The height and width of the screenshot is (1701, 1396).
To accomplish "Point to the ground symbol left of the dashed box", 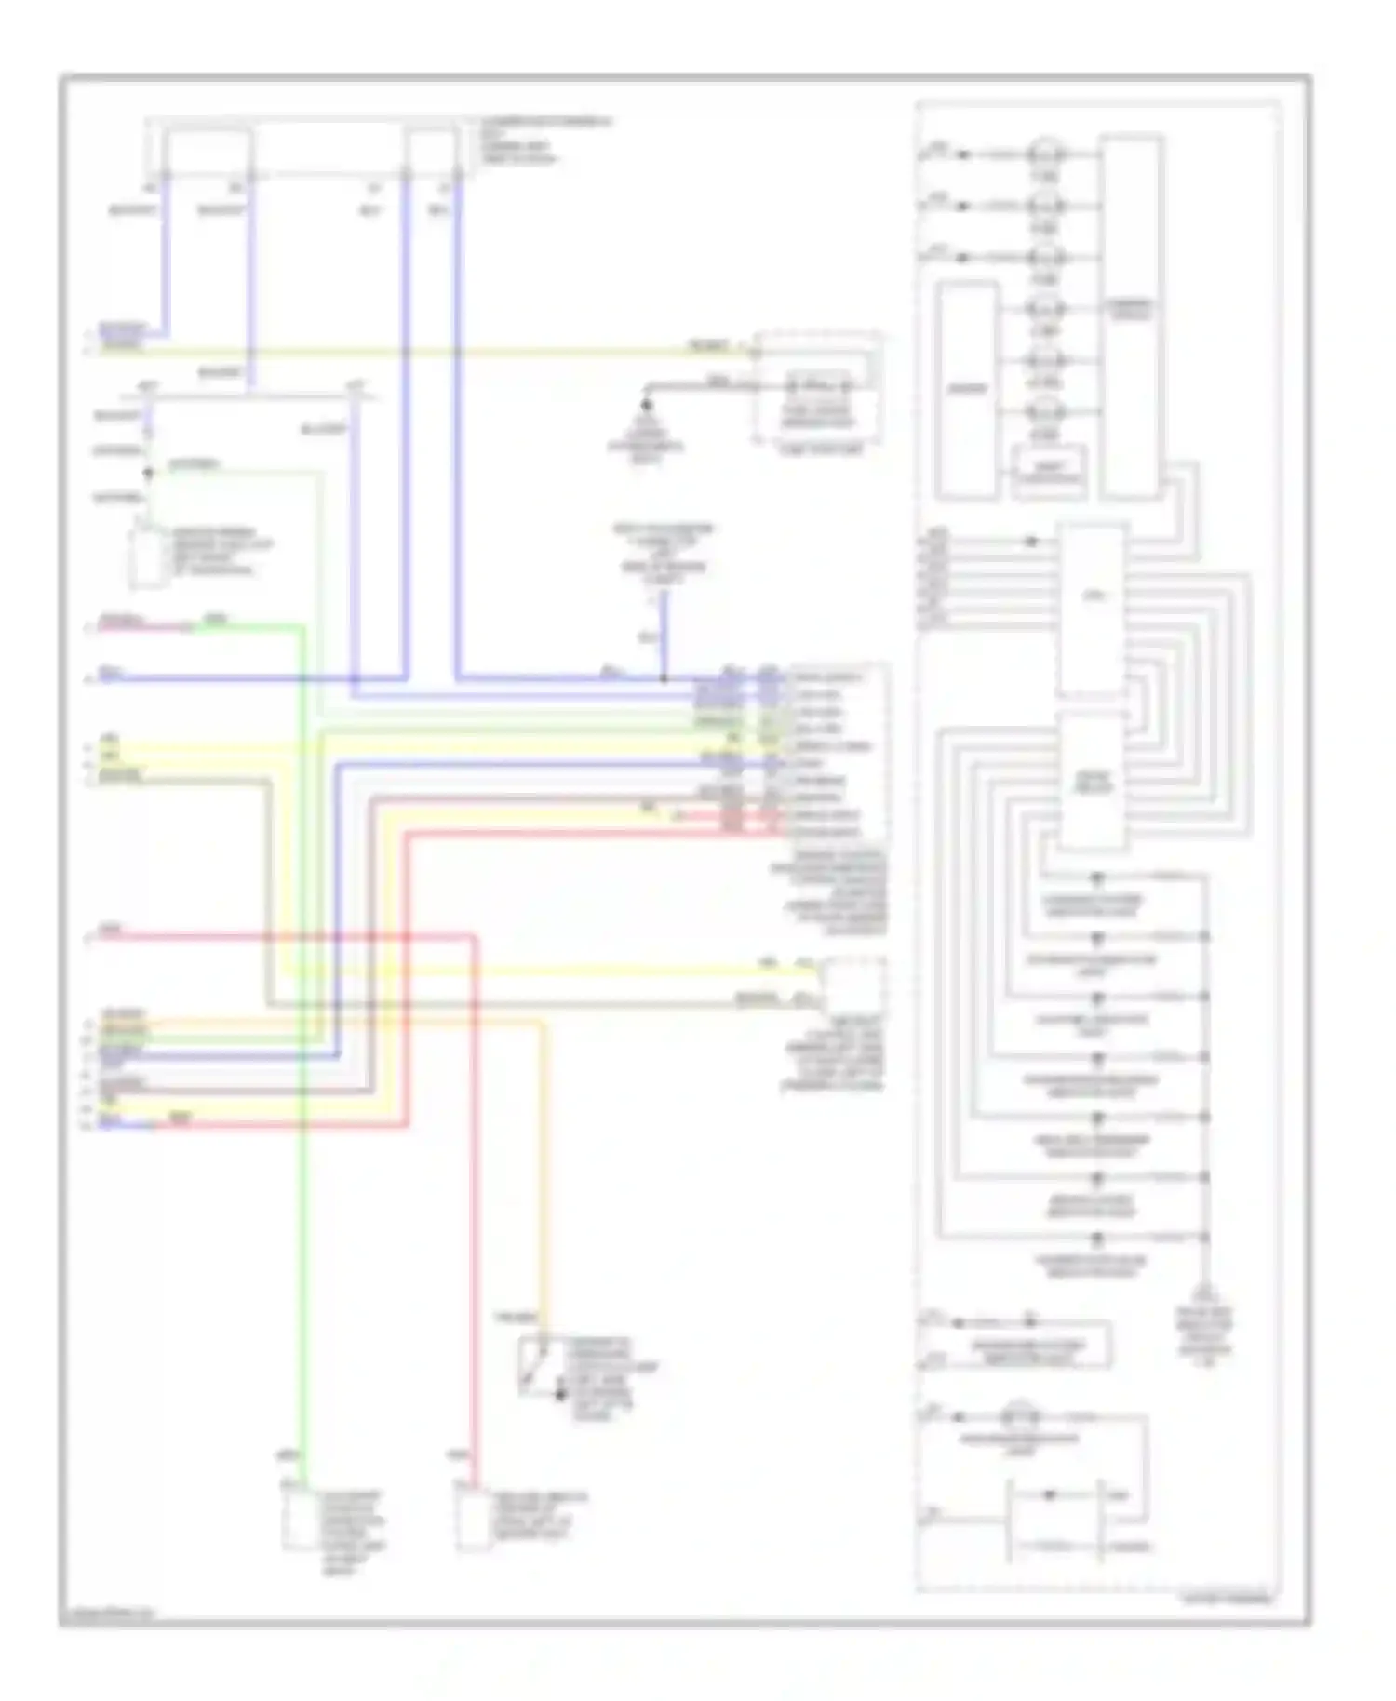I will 646,407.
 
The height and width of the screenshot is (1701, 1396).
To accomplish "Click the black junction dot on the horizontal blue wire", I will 664,678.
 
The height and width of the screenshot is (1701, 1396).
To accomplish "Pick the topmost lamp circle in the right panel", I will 1045,154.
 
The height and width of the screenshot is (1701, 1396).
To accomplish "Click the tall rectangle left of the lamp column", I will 968,391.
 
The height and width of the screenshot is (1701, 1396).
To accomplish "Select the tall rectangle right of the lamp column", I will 1131,316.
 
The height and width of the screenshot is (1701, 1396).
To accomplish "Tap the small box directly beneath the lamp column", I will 1049,473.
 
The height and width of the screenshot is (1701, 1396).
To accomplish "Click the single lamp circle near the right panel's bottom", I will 1020,1417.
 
